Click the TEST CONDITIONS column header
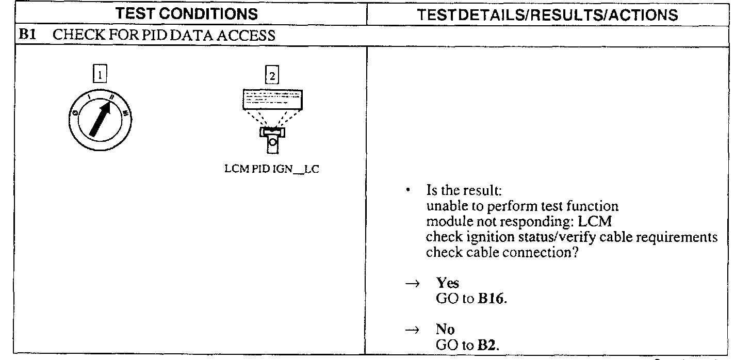(187, 14)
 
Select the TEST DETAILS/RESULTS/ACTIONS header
(548, 15)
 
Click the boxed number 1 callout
(100, 75)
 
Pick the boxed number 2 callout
(271, 76)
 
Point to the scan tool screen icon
(272, 99)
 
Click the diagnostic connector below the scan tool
(272, 139)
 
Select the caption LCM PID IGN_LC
(272, 170)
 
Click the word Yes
(447, 283)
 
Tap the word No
(445, 331)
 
